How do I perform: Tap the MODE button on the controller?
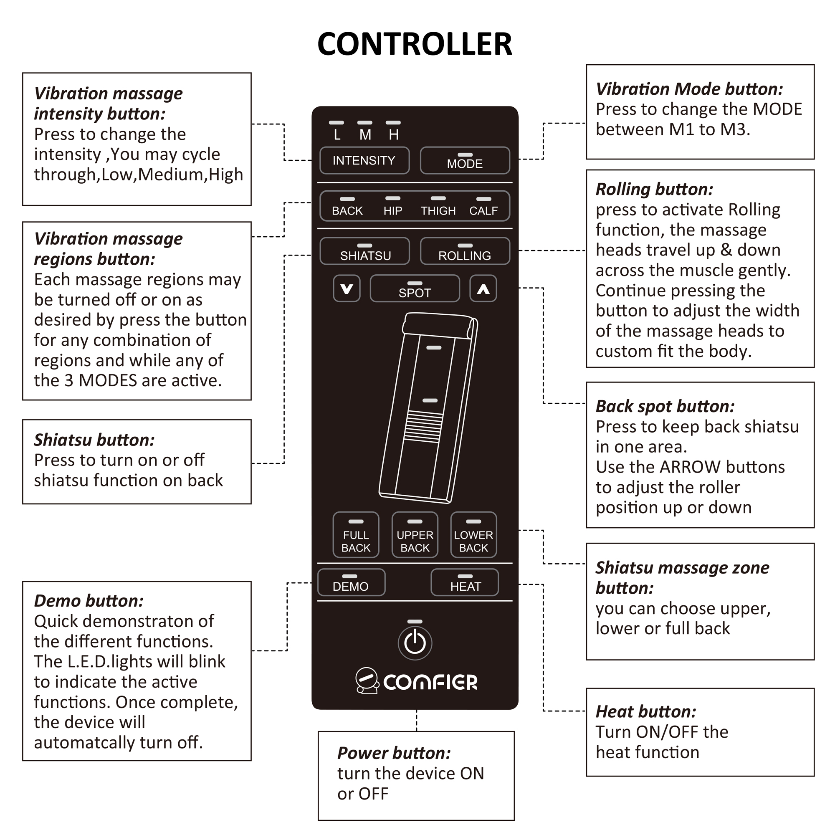coord(465,161)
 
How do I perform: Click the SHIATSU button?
coord(365,251)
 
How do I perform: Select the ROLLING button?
coord(465,251)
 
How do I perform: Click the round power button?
coord(415,643)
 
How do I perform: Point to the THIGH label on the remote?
coord(438,210)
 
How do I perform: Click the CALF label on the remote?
coord(483,210)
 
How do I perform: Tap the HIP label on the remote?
coord(392,210)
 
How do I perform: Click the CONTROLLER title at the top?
coord(415,44)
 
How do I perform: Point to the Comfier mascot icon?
coord(367,681)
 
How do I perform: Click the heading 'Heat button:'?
coord(646,712)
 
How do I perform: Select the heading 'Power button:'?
coord(394,753)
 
